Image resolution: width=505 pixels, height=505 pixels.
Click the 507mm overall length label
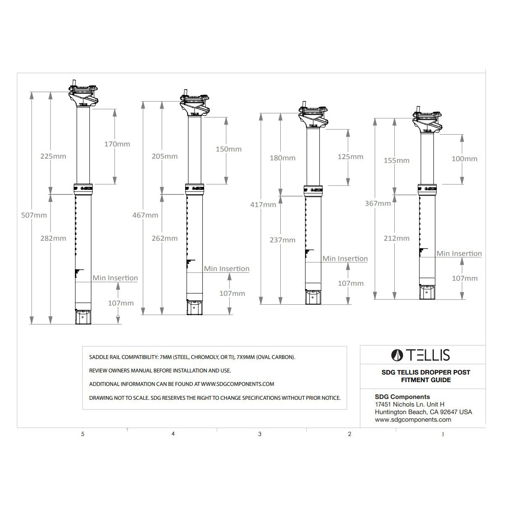point(34,215)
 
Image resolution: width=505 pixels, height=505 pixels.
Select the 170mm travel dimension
point(117,144)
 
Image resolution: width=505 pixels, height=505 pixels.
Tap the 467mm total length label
point(145,215)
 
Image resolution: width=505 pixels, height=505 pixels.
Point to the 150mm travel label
point(229,149)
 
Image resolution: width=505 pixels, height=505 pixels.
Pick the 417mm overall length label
point(263,205)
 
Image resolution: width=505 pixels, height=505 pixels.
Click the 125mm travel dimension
point(351,157)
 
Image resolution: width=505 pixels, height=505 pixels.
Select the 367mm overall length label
point(378,203)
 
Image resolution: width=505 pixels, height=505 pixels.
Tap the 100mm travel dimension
point(464,159)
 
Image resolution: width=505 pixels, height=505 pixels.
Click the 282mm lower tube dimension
point(53,238)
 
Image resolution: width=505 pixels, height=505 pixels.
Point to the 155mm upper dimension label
point(396,160)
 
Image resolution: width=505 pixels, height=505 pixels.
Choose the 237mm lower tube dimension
point(282,240)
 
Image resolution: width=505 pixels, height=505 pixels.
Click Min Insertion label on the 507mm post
point(115,278)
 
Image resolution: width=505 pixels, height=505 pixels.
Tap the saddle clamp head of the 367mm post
point(427,122)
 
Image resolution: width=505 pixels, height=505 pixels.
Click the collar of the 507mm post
point(83,189)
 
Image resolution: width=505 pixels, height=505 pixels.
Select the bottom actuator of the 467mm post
point(194,307)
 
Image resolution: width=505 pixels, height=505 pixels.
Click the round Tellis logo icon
point(397,355)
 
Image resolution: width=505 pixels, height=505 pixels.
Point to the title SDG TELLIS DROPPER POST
point(425,372)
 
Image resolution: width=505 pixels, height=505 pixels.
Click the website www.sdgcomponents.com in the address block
point(413,420)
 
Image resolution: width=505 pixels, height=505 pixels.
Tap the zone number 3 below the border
point(260,434)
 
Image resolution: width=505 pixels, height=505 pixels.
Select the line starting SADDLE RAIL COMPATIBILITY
point(192,357)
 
